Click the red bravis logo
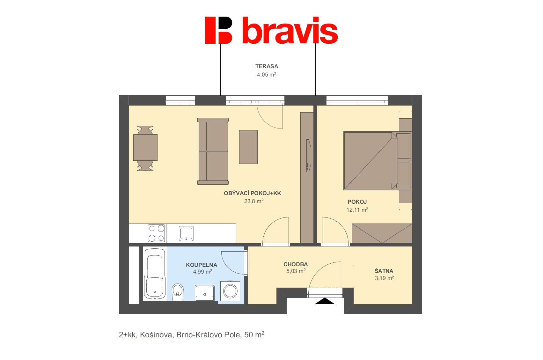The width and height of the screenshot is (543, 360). point(271,30)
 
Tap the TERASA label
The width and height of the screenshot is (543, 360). point(267,66)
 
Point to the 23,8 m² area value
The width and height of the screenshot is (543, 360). point(254,201)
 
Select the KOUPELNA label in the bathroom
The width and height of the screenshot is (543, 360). point(202,265)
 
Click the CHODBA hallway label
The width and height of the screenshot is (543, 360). point(296,264)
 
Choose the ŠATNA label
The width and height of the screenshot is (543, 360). point(384,271)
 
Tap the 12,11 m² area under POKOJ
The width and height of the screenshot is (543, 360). point(357,210)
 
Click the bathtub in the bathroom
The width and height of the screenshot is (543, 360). point(155,274)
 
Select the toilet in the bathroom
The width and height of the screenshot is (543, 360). point(178,292)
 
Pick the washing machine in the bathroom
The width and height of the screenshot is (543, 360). point(230,291)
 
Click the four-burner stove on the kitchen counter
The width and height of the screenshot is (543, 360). point(156,233)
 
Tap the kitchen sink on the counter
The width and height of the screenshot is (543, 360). point(186,233)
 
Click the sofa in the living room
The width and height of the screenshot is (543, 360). point(213,151)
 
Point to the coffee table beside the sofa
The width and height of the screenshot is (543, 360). point(248,147)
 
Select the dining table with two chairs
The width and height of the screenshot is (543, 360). point(145,148)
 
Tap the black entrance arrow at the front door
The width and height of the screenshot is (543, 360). point(325,301)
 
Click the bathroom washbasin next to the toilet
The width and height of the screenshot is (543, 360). point(205,293)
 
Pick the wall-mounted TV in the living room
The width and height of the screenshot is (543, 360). point(308,156)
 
